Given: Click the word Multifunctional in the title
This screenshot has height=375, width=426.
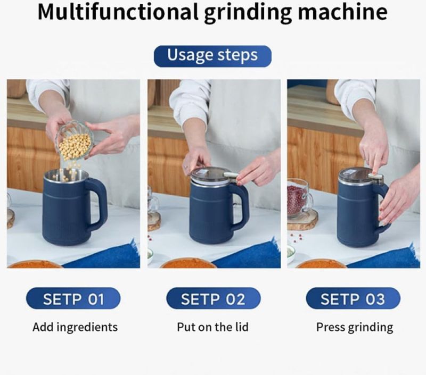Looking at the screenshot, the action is (118, 12).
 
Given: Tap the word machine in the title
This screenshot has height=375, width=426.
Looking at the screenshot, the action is (342, 12).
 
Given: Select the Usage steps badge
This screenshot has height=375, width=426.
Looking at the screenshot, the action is (212, 56).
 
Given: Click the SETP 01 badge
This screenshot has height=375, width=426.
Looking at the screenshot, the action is (73, 298).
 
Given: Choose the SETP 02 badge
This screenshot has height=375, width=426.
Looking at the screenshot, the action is (214, 298).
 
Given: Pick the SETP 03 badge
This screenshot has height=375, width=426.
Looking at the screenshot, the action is (353, 298).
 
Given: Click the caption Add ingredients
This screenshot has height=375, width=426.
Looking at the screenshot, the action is (75, 327).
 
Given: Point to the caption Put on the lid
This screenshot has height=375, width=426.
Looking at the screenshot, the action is (212, 327).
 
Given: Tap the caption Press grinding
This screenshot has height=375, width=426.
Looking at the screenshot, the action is (355, 327).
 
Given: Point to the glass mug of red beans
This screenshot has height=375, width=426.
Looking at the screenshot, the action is (299, 198).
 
